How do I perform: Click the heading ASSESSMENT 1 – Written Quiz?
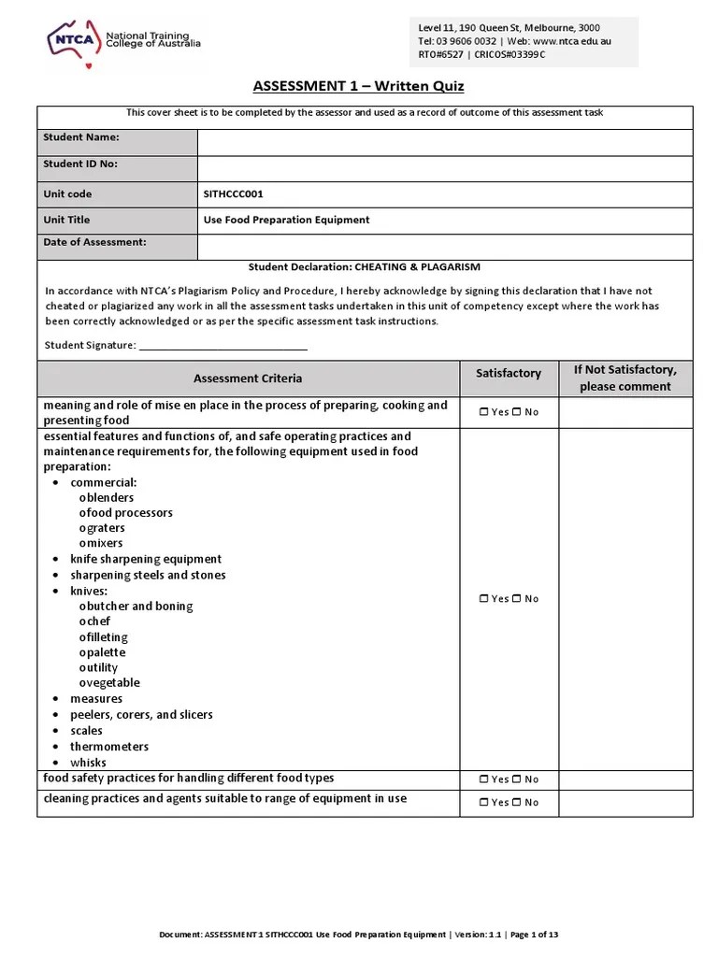(x=358, y=87)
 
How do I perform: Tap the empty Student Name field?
(x=444, y=141)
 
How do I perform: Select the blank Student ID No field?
(x=444, y=167)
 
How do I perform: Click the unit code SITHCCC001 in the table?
(x=234, y=194)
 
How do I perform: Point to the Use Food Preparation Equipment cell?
(x=286, y=221)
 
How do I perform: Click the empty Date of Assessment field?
(x=444, y=246)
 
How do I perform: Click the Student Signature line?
(x=223, y=347)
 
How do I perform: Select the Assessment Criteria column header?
(x=248, y=379)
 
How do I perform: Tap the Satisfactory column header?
(x=509, y=373)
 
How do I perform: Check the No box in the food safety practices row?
(x=516, y=779)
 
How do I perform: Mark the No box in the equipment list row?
(x=516, y=599)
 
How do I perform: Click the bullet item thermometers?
(x=109, y=747)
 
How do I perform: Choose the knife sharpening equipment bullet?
(x=146, y=559)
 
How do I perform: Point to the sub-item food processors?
(x=129, y=513)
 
